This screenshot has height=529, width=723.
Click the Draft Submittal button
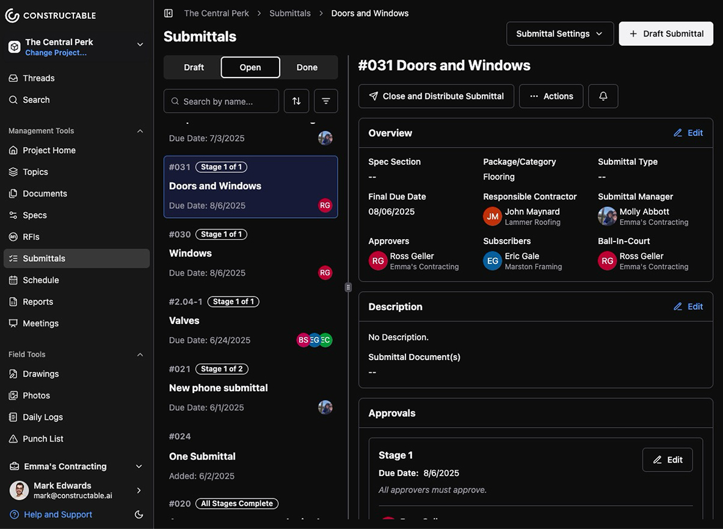666,34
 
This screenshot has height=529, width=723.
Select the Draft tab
194,67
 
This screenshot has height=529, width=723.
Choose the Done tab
307,67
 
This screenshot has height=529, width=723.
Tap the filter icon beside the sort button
325,101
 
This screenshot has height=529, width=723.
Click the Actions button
551,96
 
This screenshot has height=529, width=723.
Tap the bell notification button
603,96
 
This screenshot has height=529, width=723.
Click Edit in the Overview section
688,133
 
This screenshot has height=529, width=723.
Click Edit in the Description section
688,307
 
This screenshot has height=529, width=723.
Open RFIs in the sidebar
31,237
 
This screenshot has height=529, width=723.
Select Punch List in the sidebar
43,439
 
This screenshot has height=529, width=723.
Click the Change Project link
56,53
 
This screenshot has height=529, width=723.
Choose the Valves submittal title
184,320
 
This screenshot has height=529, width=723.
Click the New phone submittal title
218,388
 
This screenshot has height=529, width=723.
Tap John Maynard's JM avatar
492,217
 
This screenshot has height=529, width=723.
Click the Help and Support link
58,514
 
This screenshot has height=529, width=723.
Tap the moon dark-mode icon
139,514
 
